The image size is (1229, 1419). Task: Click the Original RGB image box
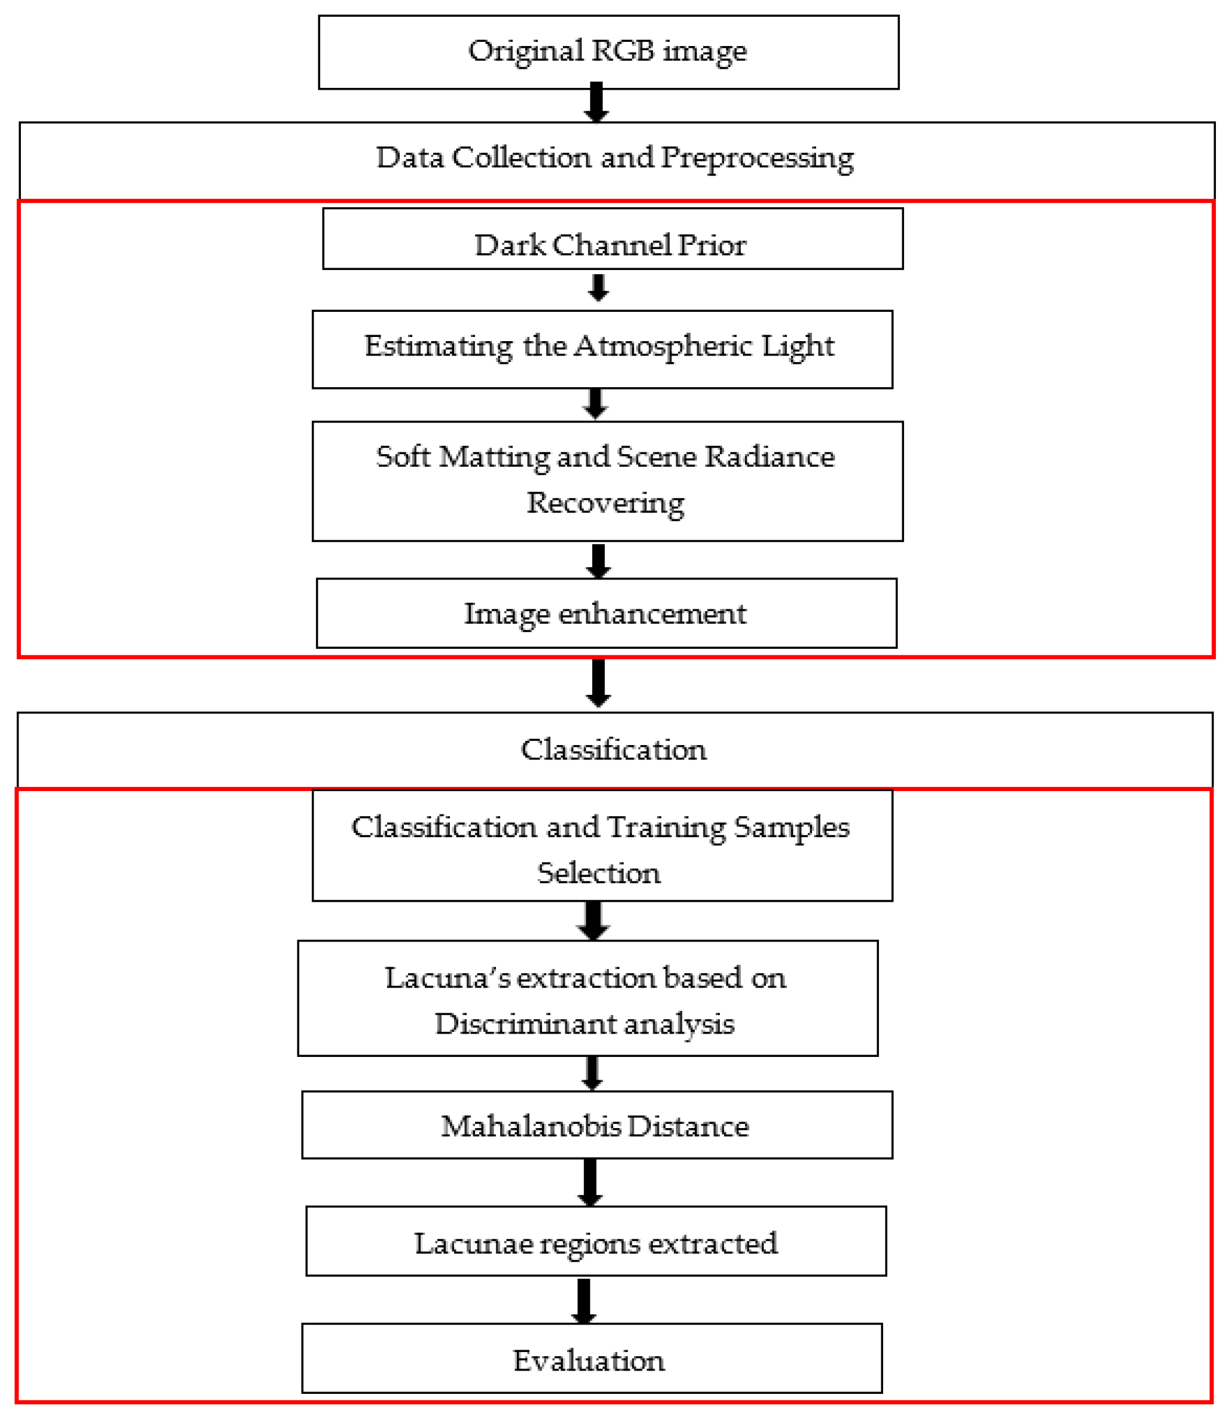pos(608,52)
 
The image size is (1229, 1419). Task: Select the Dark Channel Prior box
pos(612,238)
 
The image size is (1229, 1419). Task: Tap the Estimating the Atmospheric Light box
pos(602,349)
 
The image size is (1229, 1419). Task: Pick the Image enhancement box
pos(606,613)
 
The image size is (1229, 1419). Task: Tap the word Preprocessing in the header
pos(757,159)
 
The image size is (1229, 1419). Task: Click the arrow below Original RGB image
pos(597,103)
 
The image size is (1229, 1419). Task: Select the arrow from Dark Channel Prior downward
pos(599,288)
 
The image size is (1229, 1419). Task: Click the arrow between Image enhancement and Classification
pos(599,683)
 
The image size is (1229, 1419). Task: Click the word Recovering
pos(606,504)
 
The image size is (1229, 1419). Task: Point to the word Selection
pos(599,873)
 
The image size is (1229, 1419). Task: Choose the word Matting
pos(494,458)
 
